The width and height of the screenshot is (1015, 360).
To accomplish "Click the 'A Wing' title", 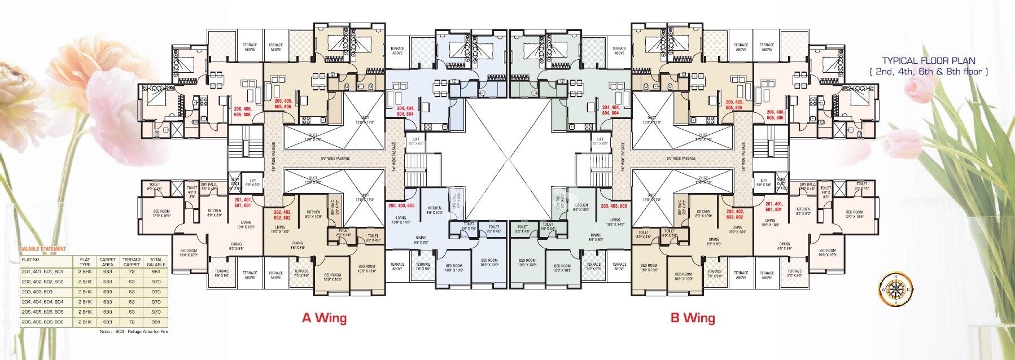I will [x=324, y=318].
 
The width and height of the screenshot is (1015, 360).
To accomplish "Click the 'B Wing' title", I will [x=692, y=318].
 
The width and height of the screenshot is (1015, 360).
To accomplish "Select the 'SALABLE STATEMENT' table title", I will [x=43, y=249].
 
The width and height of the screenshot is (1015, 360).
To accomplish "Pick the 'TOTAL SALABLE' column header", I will [x=156, y=262].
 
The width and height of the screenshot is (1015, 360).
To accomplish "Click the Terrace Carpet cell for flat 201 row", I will [x=132, y=272].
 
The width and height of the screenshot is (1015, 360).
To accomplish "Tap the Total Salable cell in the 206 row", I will [x=156, y=322].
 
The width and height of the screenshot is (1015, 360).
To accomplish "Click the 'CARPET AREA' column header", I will [x=107, y=262].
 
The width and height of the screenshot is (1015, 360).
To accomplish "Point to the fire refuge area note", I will [x=133, y=332].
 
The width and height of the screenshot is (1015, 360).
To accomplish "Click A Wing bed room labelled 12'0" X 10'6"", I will [x=161, y=214].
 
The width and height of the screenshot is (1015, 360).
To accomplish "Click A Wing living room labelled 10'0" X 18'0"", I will [x=245, y=224].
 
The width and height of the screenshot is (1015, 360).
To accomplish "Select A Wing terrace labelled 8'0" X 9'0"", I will [x=222, y=273].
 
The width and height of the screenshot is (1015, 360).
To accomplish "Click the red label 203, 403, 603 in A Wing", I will [x=401, y=205].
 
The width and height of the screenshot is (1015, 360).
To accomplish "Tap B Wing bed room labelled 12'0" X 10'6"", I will [x=854, y=214].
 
